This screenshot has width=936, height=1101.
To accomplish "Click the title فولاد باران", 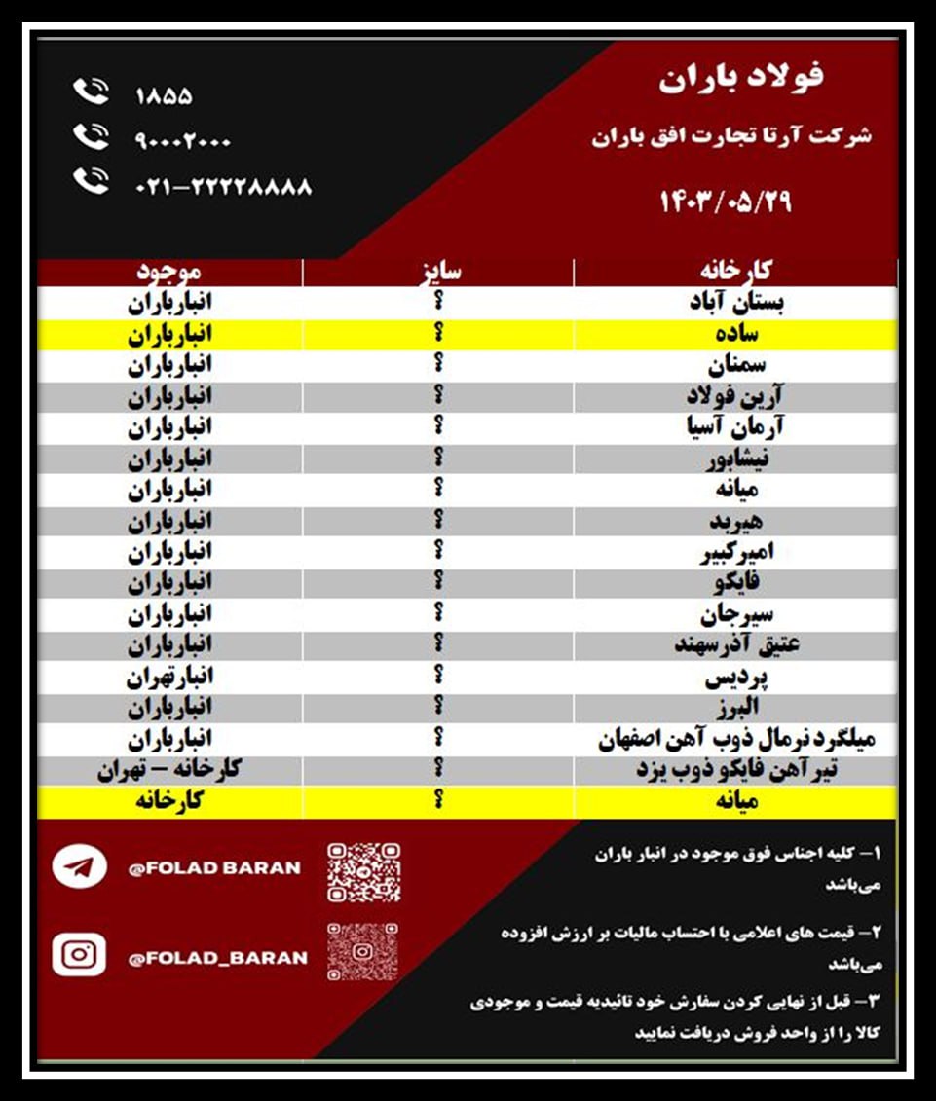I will pyautogui.click(x=741, y=78).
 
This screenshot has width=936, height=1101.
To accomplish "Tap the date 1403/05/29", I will pyautogui.click(x=727, y=202).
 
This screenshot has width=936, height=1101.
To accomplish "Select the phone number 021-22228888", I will pyautogui.click(x=223, y=186).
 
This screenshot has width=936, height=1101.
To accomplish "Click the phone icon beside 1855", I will pyautogui.click(x=91, y=93).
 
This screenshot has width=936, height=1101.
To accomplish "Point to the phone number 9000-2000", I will pyautogui.click(x=183, y=141).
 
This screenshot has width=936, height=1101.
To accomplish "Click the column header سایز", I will pyautogui.click(x=439, y=272).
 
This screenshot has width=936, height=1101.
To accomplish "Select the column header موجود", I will pyautogui.click(x=168, y=272).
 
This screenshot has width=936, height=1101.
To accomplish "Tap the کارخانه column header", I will pyautogui.click(x=736, y=272).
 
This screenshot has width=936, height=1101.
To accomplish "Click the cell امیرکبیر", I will pyautogui.click(x=737, y=552).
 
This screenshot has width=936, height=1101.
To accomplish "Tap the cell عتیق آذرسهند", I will pyautogui.click(x=737, y=644).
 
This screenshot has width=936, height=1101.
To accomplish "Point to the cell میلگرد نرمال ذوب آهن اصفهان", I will pyautogui.click(x=737, y=739).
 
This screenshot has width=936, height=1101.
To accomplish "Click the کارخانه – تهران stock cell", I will pyautogui.click(x=168, y=770).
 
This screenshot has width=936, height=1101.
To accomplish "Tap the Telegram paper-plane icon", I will pyautogui.click(x=80, y=866).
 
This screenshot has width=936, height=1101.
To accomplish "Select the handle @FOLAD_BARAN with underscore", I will pyautogui.click(x=217, y=958).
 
